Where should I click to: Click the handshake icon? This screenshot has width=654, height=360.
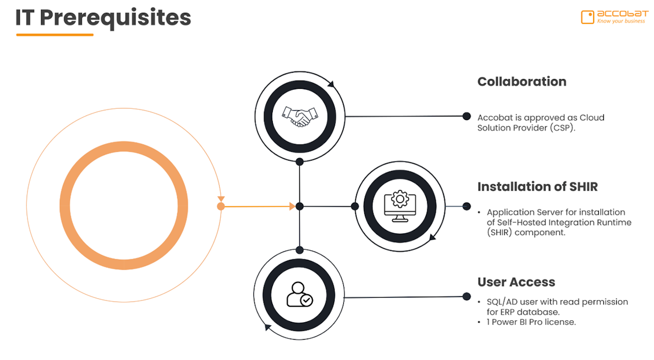296,117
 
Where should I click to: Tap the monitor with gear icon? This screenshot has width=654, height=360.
396,206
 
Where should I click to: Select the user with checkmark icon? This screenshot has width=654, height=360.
299,295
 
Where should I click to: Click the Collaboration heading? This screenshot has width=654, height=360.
522,82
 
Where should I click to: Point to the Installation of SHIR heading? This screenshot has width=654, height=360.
538,187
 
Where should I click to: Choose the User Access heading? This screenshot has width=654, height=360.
516,282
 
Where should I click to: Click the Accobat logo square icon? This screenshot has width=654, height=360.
588,17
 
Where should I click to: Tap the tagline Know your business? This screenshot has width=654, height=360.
621,21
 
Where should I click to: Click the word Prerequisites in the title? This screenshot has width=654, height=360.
115,18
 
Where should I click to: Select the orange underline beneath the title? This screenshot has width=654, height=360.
55,35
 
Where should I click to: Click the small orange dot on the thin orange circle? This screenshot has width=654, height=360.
221,206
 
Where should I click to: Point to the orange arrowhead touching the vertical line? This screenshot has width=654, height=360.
293,206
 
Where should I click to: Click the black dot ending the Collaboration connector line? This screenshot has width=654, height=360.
466,116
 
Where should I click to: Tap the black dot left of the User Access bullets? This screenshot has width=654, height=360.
466,296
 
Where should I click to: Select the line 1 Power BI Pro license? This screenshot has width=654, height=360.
531,322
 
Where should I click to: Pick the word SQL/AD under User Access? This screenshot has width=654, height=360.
502,302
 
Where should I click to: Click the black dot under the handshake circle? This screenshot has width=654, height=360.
300,162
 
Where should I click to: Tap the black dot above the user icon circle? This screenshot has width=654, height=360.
300,250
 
